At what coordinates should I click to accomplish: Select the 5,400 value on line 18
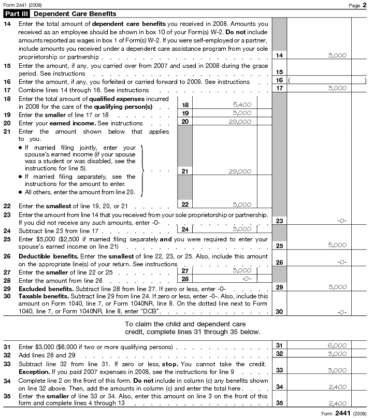(241, 105)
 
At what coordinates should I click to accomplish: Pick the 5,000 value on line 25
(337, 246)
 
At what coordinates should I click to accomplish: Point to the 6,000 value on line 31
(337, 345)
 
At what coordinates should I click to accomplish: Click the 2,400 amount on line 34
(337, 386)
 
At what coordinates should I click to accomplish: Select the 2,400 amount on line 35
(337, 403)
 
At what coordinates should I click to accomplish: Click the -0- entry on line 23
(341, 221)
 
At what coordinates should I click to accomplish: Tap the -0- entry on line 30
(341, 312)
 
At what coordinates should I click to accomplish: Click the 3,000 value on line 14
(337, 55)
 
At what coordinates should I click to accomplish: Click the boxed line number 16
(279, 80)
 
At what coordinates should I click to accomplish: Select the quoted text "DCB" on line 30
(149, 312)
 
